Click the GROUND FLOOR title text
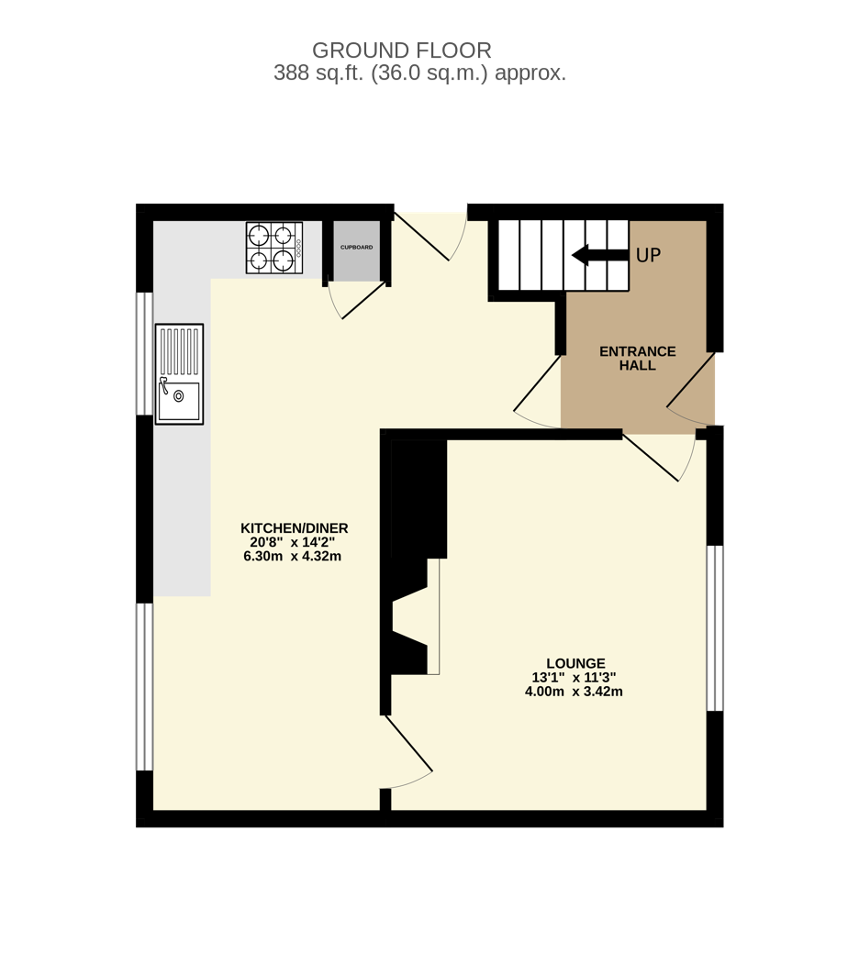(402, 50)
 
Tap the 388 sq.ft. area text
(419, 73)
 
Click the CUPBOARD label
(356, 248)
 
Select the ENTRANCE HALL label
(637, 358)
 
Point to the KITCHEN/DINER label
(294, 528)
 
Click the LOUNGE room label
(575, 663)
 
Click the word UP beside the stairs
(648, 256)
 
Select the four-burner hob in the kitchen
(273, 248)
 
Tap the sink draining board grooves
(179, 351)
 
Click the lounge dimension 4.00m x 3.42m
(574, 692)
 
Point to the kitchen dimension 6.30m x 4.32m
(292, 556)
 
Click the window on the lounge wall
(714, 628)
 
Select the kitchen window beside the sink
(144, 353)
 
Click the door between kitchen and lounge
(408, 745)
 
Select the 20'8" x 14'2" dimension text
(292, 542)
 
